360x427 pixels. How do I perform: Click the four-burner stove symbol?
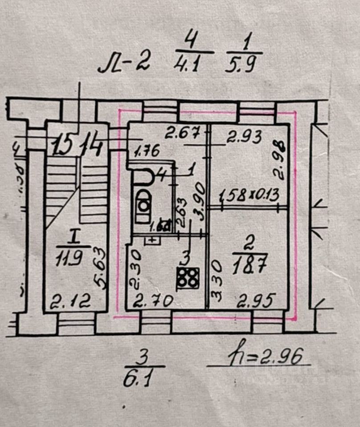pos(187,278)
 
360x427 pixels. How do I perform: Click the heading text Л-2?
pos(124,63)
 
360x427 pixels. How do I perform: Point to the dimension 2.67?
pos(181,133)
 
